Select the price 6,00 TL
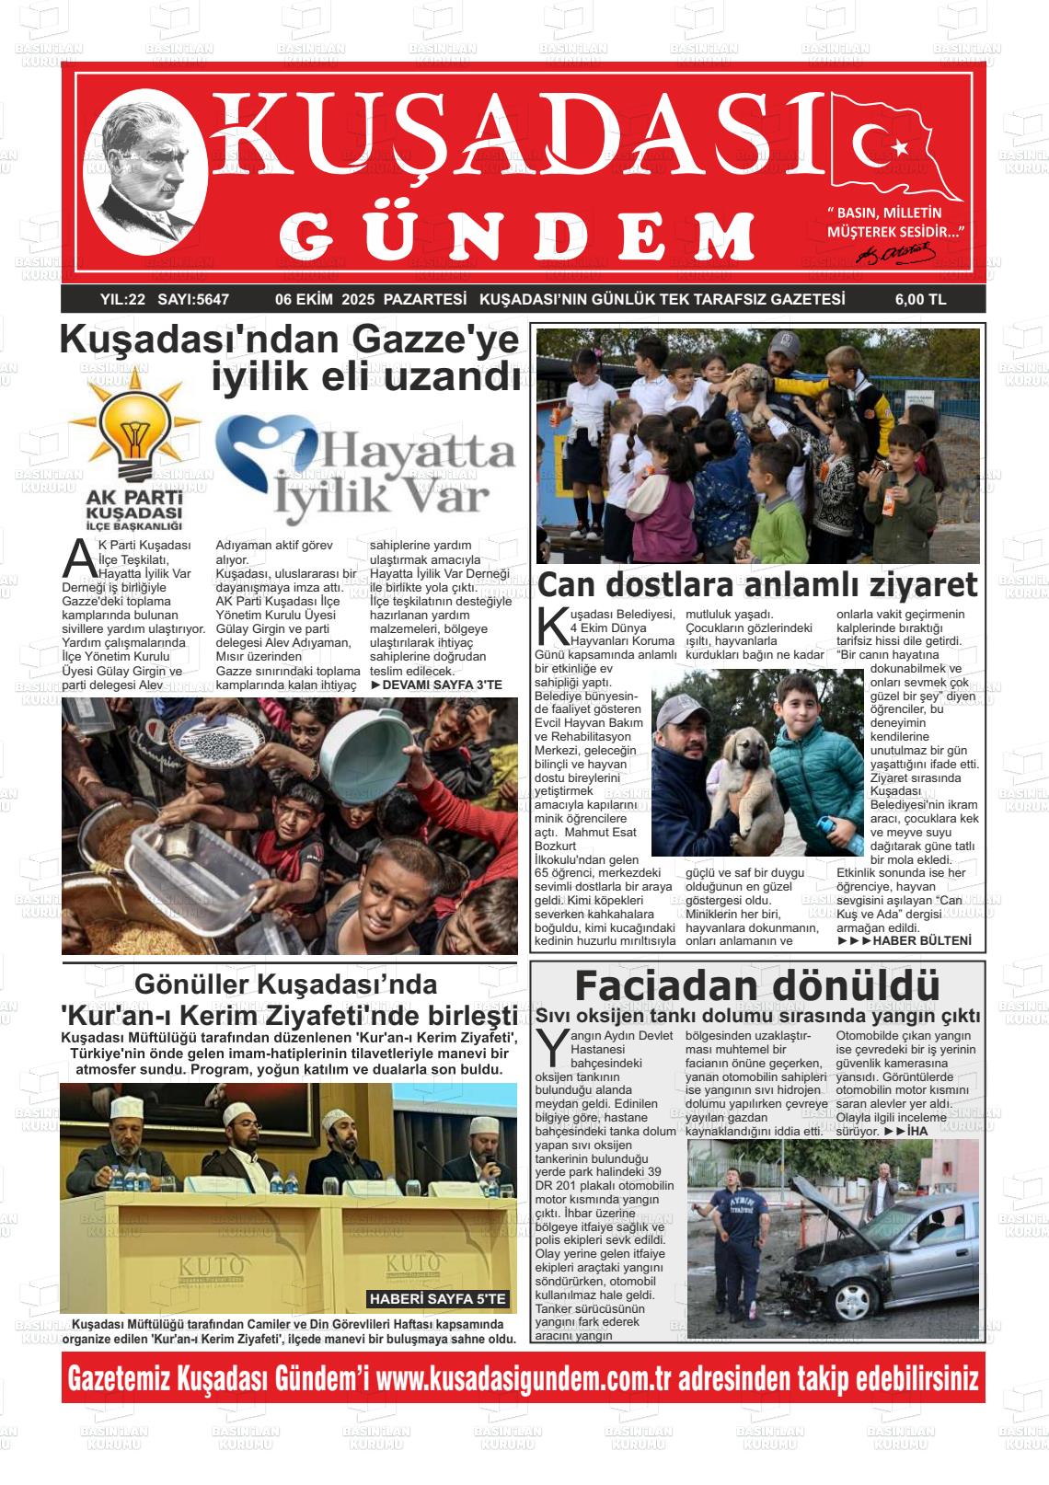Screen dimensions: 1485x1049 pyautogui.click(x=919, y=299)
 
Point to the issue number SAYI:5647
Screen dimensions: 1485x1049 pyautogui.click(x=193, y=299)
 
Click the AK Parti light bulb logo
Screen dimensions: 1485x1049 pyautogui.click(x=133, y=433)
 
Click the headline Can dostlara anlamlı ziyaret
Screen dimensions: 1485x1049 pyautogui.click(x=756, y=585)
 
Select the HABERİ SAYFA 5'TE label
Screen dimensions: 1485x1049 pyautogui.click(x=438, y=1298)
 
